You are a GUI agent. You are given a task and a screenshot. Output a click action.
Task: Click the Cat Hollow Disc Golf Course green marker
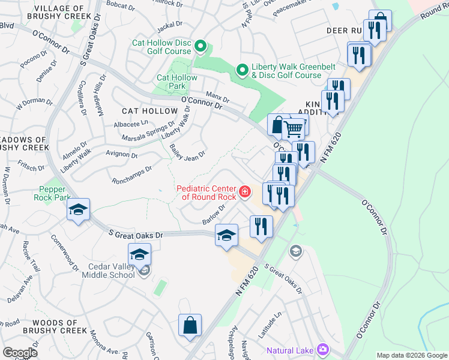[201, 46]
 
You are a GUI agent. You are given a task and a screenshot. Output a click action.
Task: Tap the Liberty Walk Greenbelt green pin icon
[243, 71]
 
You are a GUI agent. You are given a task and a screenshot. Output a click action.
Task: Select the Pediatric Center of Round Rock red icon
[244, 192]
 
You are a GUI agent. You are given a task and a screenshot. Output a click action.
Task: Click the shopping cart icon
[293, 127]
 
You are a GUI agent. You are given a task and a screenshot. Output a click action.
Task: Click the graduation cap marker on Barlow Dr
[226, 235]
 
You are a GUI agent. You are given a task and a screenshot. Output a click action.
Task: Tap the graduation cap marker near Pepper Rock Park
[78, 210]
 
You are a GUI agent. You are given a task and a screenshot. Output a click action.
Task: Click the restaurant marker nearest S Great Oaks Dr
[261, 226]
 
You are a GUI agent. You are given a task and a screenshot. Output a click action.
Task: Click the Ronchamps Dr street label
[131, 174]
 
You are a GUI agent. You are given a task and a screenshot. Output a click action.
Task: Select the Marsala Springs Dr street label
[136, 132]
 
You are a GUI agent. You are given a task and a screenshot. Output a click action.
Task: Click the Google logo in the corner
[20, 353]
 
